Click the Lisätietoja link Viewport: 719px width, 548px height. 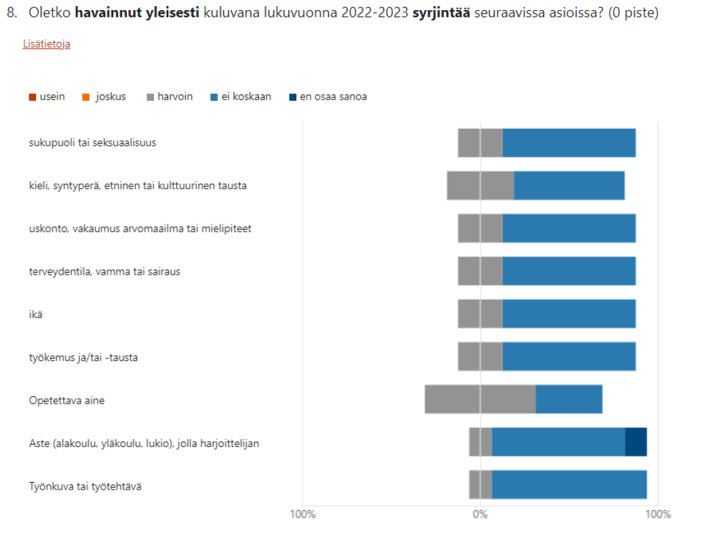tap(47, 44)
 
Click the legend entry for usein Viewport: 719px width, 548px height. tap(47, 97)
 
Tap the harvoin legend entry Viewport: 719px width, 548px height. tap(170, 97)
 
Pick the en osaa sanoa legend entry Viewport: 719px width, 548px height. tap(328, 97)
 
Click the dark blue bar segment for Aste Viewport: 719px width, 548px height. tap(636, 442)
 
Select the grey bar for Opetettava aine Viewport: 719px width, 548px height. tap(480, 399)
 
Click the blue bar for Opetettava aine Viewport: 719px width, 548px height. tap(569, 399)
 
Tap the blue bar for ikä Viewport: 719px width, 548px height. tap(569, 314)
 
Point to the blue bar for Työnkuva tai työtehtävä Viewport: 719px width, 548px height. tap(569, 485)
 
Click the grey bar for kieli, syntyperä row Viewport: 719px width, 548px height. tap(480, 185)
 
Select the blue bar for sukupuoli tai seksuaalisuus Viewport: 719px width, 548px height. tap(569, 142)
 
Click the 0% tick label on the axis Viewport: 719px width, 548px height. tap(480, 514)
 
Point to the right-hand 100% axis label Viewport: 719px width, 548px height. tap(658, 514)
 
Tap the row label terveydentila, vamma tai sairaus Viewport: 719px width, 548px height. tap(104, 271)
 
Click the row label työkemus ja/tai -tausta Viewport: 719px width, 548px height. tap(83, 357)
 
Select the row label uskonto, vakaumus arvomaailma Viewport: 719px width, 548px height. tap(140, 229)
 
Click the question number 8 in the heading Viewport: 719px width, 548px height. tap(11, 13)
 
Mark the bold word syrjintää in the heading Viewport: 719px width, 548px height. tap(442, 13)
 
